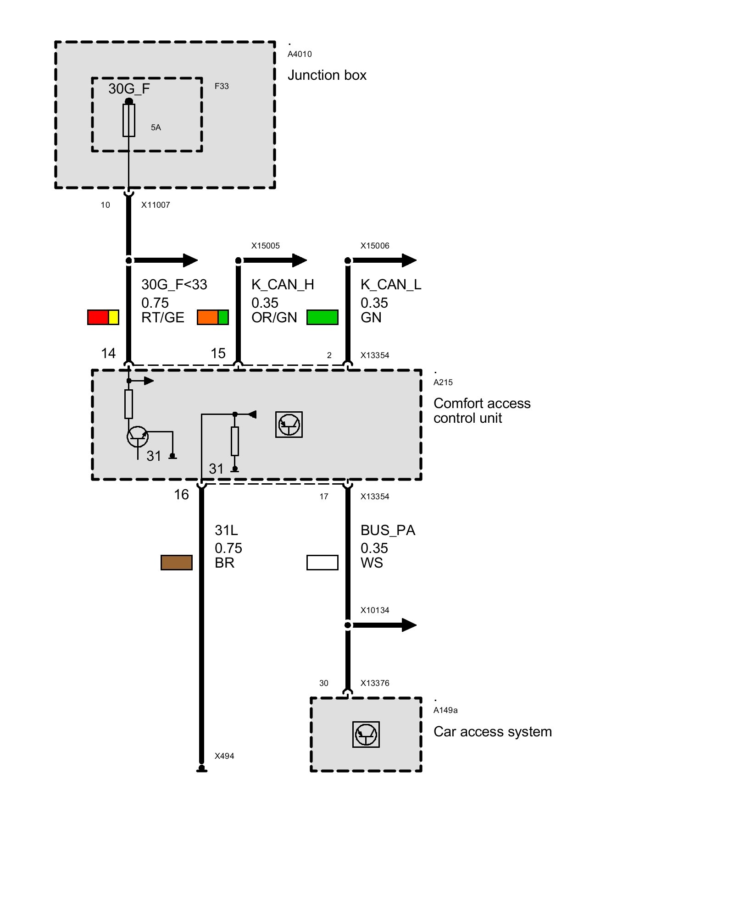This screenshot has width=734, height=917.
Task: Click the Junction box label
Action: click(x=327, y=75)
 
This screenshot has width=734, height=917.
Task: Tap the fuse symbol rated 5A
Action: click(x=129, y=120)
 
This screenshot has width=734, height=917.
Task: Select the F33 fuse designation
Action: click(x=222, y=86)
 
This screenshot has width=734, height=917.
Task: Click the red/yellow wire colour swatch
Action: click(x=103, y=317)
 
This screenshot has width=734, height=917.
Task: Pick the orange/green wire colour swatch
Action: click(x=213, y=317)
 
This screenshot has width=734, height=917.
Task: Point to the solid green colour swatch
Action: click(x=323, y=317)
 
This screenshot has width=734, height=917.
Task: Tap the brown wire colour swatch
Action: click(x=177, y=563)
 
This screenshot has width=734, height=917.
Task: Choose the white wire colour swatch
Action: click(x=323, y=563)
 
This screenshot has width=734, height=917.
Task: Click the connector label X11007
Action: click(x=156, y=205)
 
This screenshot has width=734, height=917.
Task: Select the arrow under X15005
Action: click(x=275, y=260)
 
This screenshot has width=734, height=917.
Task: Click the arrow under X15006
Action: click(x=384, y=260)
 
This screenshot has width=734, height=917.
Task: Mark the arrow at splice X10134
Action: click(x=384, y=625)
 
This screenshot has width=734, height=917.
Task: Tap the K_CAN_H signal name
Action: click(x=283, y=285)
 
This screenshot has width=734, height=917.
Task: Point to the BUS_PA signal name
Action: click(x=388, y=530)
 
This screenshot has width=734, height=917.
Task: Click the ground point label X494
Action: click(x=224, y=756)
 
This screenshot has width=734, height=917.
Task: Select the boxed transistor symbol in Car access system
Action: click(x=366, y=735)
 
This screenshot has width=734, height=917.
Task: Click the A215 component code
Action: click(x=443, y=382)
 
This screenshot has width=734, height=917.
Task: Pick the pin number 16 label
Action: click(x=181, y=495)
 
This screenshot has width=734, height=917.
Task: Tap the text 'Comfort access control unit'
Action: click(x=482, y=411)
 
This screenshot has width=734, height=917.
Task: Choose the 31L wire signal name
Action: click(x=226, y=530)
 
